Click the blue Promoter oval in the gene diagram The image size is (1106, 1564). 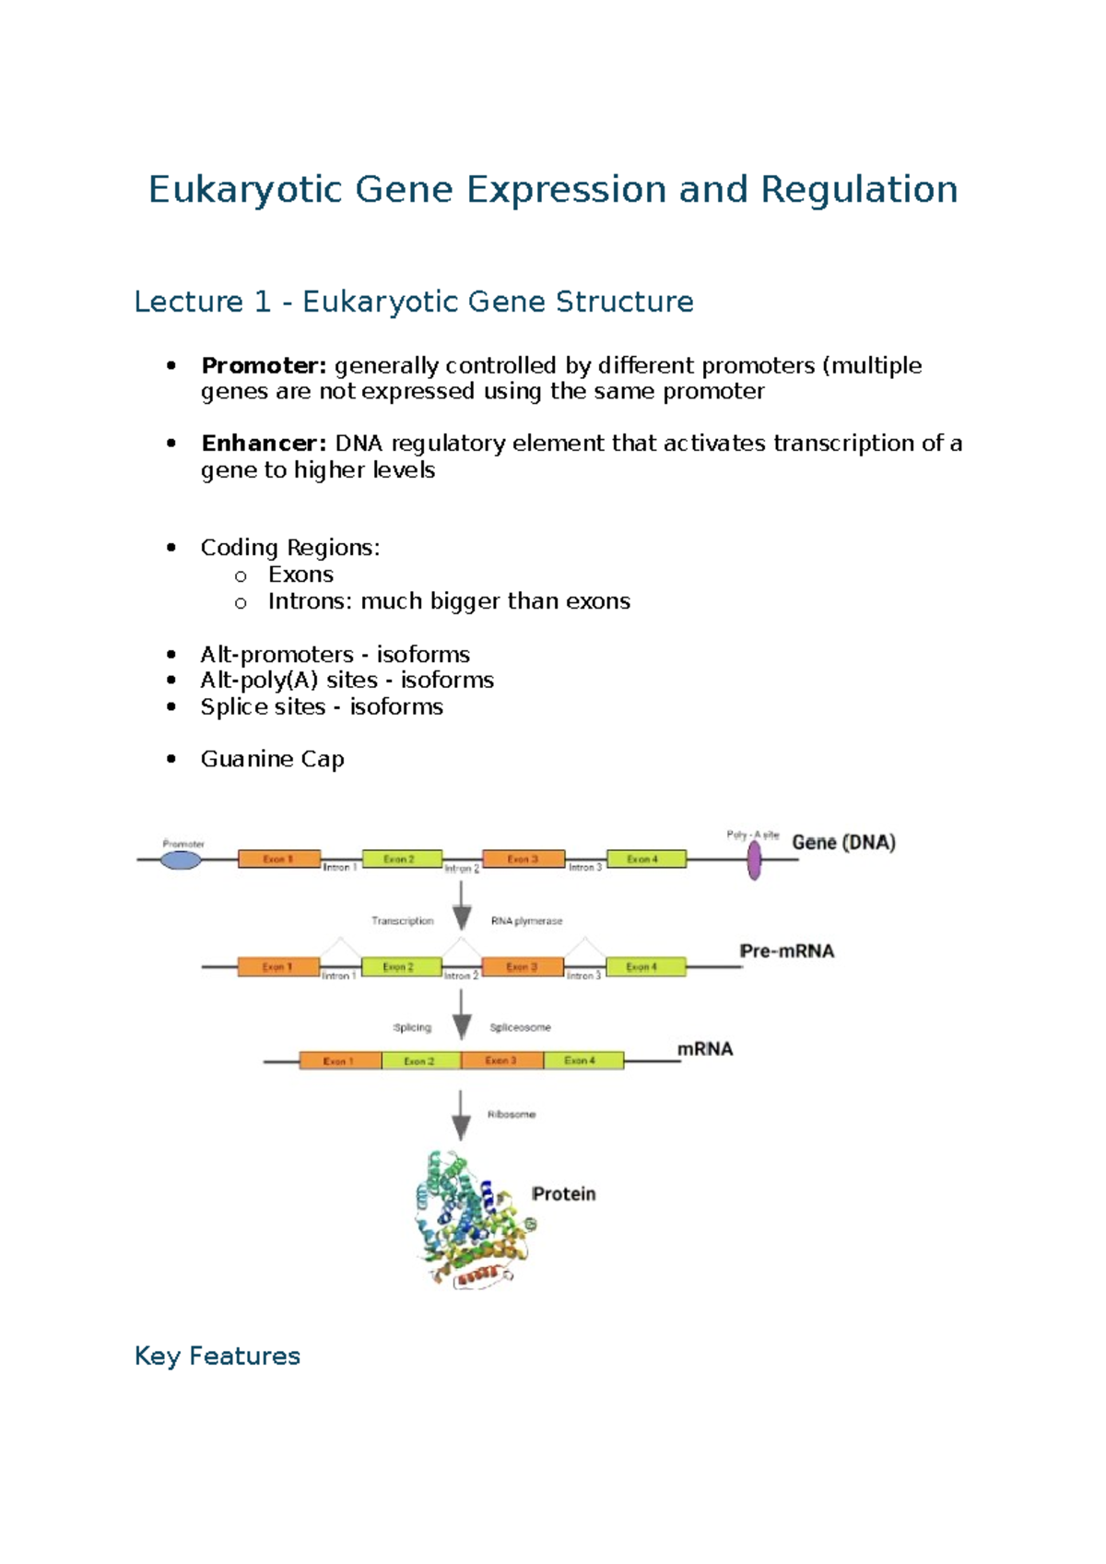click(181, 860)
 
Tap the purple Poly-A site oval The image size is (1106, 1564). click(754, 860)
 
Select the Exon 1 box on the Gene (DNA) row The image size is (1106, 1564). click(279, 859)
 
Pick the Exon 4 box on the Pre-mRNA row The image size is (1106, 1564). click(645, 966)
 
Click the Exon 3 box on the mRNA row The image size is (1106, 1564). click(501, 1060)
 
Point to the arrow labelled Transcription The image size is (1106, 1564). click(462, 905)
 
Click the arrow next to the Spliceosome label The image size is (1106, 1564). click(462, 1013)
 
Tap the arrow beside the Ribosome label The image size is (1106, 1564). click(461, 1115)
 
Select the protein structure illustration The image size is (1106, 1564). click(472, 1217)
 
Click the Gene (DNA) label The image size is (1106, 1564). click(843, 842)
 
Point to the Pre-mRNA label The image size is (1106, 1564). click(786, 951)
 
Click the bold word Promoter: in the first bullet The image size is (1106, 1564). click(264, 366)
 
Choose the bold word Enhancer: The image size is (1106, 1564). click(264, 444)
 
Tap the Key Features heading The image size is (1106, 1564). click(218, 1356)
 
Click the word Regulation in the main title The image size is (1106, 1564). click(859, 190)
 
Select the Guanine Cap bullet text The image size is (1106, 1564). click(273, 759)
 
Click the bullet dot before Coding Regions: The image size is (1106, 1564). click(171, 548)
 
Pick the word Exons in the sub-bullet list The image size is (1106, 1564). click(300, 575)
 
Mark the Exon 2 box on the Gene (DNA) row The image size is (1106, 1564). click(402, 859)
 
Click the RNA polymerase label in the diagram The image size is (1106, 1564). click(526, 920)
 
